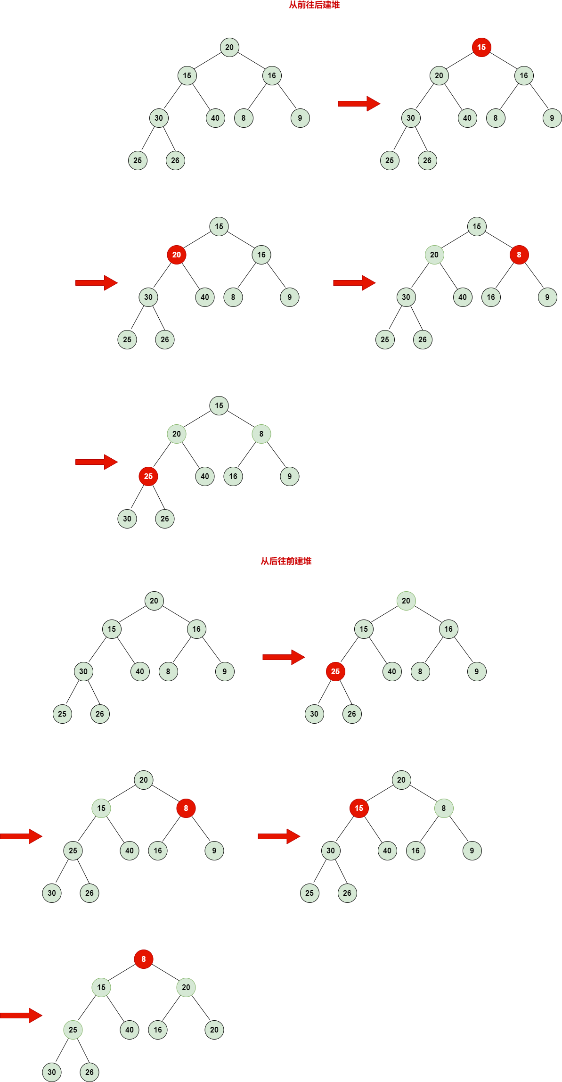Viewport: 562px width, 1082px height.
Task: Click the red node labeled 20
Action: point(177,255)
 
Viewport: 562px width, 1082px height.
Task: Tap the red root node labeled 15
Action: point(481,47)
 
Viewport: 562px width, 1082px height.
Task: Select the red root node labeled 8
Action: point(144,959)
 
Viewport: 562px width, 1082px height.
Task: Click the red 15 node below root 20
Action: point(359,808)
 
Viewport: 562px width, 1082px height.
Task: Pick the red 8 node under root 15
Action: point(519,255)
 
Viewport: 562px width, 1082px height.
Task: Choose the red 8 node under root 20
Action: point(186,808)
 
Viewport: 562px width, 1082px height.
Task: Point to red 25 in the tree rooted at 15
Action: point(148,476)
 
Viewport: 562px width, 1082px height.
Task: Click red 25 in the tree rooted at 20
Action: point(335,671)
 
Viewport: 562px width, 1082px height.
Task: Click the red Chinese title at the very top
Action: point(314,5)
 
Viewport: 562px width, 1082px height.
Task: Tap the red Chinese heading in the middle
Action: point(286,561)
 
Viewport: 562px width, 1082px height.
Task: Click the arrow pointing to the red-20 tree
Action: point(97,283)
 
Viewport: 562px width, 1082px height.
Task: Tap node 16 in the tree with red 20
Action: point(261,255)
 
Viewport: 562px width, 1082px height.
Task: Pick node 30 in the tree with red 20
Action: point(148,297)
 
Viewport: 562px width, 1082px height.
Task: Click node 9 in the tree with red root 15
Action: point(552,118)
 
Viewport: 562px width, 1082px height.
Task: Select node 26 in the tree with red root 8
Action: point(90,1072)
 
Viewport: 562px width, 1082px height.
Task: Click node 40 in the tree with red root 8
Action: point(130,1030)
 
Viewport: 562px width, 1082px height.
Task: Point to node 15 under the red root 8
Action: point(101,987)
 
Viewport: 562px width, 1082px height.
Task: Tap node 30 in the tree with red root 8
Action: point(52,1072)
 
